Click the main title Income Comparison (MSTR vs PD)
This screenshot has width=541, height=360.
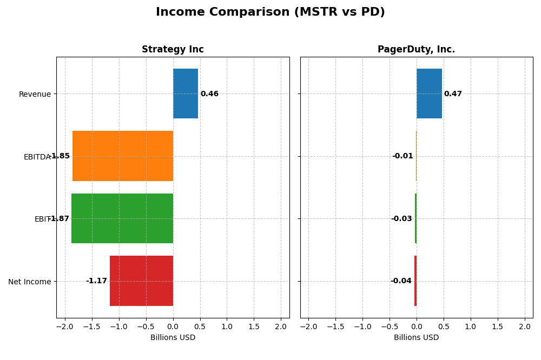coord(270,12)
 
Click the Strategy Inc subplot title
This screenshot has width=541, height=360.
coord(173,50)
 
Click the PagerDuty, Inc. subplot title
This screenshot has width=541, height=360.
coord(416,50)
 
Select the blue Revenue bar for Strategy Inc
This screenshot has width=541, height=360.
coord(186,94)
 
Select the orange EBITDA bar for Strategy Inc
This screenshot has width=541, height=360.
coord(123,156)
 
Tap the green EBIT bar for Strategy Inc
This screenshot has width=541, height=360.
coord(122,218)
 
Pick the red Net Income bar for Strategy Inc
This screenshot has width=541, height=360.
coord(141,281)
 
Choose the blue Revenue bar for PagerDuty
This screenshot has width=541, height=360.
coord(429,94)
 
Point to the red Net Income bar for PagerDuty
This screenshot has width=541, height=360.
coord(415,281)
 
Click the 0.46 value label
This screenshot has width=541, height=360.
coord(209,94)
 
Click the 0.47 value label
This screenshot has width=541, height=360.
coord(453,94)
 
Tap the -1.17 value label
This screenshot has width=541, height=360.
coord(96,281)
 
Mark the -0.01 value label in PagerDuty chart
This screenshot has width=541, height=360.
coord(403,156)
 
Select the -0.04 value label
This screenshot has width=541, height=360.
coord(401,281)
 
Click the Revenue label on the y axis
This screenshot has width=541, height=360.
coord(35,95)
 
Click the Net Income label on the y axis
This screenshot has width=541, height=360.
coord(29,282)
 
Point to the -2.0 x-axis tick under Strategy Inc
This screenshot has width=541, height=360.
coord(65,327)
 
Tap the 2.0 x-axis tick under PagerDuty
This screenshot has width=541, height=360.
coord(525,327)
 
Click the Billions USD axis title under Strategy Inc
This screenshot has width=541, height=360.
coord(173,338)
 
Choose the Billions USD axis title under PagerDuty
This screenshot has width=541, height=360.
coord(416,338)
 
